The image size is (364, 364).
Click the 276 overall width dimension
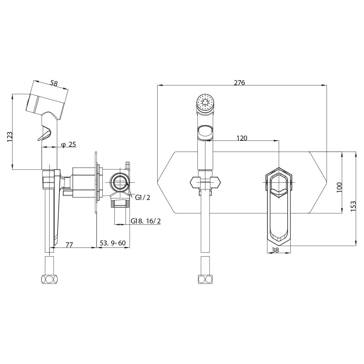pos(239,83)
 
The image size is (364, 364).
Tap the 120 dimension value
pos(242,138)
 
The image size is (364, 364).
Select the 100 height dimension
pos(339,187)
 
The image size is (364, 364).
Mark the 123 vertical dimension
pos(10,137)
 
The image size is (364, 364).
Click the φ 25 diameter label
pos(68,144)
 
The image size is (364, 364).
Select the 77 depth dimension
pos(69,245)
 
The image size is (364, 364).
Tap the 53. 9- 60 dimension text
pos(113,243)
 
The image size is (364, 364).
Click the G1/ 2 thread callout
pos(143,197)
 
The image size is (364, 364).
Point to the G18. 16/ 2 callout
pos(145,221)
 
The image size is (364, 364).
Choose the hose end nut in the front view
pos(205,279)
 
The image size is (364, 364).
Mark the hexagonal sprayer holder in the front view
pos(205,183)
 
